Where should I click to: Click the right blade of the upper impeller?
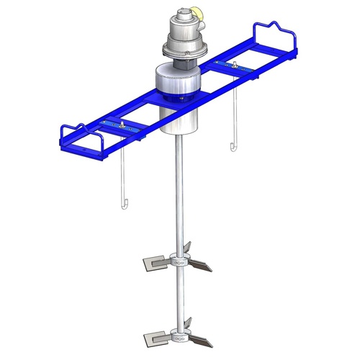click(x=201, y=266)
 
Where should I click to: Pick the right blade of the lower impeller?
click(x=201, y=336)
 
